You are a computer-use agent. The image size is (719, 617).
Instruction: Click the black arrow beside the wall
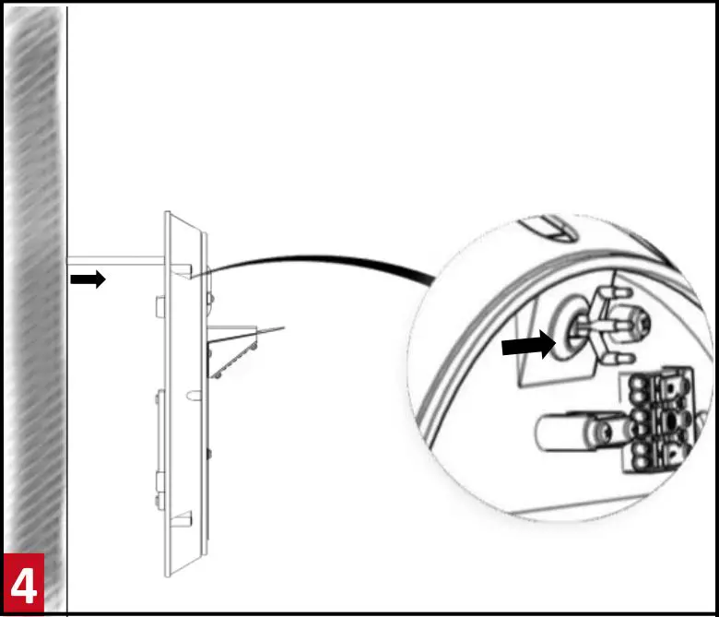coord(88,279)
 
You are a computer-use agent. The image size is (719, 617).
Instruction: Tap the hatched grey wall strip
coord(33,277)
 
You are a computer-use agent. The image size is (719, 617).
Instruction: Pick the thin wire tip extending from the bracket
coord(277,328)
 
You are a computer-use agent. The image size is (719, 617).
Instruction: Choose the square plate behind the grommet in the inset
coord(539,364)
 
